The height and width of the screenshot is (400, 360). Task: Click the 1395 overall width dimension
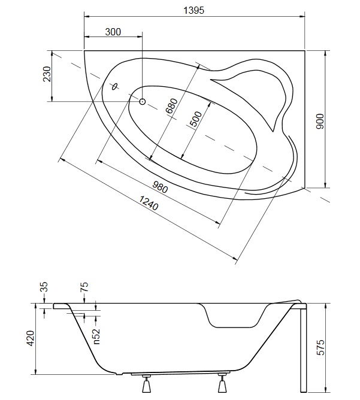click(194, 10)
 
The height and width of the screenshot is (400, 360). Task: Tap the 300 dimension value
click(113, 32)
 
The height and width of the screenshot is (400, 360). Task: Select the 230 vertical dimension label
click(47, 74)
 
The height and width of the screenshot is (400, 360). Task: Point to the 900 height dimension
click(320, 121)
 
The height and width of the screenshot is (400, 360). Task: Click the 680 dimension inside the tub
click(171, 106)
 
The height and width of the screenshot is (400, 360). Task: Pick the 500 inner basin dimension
click(196, 119)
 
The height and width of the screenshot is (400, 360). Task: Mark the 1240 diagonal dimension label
click(148, 203)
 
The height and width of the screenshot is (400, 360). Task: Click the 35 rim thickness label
click(44, 287)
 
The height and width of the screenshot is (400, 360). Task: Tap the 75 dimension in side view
click(84, 287)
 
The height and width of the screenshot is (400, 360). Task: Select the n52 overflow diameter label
click(96, 337)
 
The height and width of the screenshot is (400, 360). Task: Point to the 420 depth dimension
click(31, 338)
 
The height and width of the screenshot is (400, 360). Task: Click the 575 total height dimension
click(320, 347)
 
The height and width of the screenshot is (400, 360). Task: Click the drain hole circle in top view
click(143, 102)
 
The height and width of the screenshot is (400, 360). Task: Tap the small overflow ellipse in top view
click(114, 87)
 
